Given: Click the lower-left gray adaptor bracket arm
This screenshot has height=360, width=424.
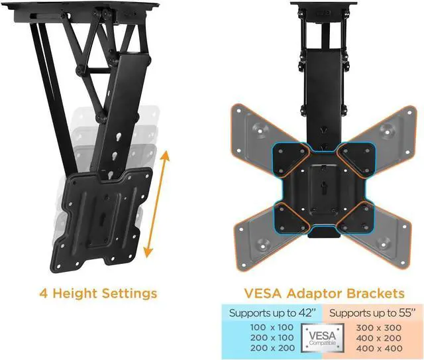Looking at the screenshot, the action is [x=255, y=232].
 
